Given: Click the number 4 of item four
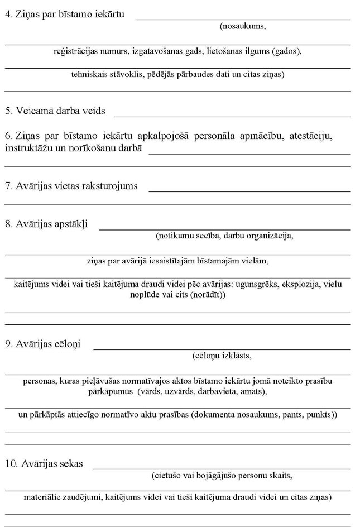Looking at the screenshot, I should pyautogui.click(x=7, y=13).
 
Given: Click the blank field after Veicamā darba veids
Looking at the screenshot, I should pyautogui.click(x=232, y=111).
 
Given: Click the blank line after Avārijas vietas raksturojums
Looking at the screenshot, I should pyautogui.click(x=249, y=186).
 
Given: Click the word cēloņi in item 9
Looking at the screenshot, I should pyautogui.click(x=67, y=344).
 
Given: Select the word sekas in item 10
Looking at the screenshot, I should pyautogui.click(x=70, y=464).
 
